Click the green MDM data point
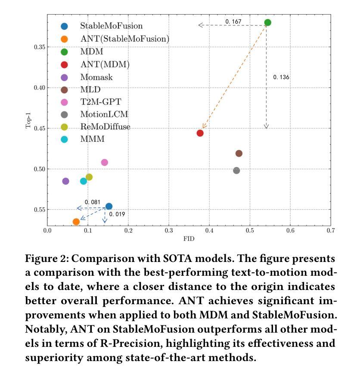[267, 22]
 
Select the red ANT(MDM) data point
[200, 133]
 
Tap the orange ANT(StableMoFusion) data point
[76, 222]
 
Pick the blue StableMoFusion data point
[109, 206]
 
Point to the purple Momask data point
[65, 181]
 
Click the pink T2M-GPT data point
[104, 162]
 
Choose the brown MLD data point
[239, 153]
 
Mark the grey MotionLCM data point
[236, 171]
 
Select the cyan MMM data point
[84, 181]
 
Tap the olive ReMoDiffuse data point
[89, 177]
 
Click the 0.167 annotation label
[233, 22]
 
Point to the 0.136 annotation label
[281, 77]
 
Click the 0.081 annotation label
[92, 202]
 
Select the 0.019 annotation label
[117, 214]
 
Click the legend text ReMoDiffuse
[105, 127]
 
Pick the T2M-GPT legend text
[101, 102]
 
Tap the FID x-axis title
[189, 239]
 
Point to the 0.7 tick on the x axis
[331, 231]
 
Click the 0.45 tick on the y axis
[40, 128]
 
